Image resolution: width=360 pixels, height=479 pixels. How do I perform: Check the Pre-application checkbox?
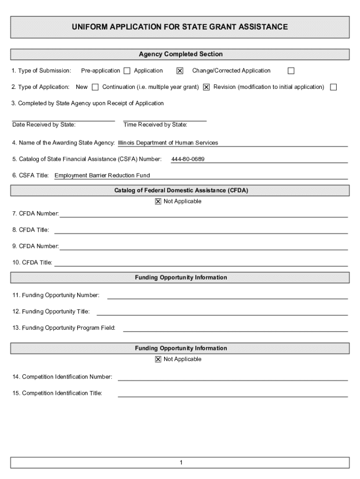[x=127, y=71]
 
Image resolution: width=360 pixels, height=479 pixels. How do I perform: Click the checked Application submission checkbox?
[x=180, y=71]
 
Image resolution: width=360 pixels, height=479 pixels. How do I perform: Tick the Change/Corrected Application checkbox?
[x=291, y=71]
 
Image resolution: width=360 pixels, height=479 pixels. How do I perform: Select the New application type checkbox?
[x=95, y=87]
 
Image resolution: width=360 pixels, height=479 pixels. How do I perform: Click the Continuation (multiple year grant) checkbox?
[x=206, y=87]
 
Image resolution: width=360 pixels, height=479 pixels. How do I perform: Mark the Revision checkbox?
[x=333, y=87]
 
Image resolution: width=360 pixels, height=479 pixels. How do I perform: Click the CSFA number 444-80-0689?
[x=188, y=160]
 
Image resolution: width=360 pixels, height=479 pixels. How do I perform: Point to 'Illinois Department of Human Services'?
[x=168, y=143]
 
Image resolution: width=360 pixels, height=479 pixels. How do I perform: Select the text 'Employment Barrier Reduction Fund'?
[x=102, y=176]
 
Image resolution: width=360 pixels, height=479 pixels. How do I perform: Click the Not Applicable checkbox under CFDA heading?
[x=158, y=202]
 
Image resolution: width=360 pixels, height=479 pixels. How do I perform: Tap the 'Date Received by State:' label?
[x=44, y=125]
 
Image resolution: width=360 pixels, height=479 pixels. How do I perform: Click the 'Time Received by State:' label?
[x=155, y=125]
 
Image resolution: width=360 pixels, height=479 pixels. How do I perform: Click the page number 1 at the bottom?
[x=180, y=463]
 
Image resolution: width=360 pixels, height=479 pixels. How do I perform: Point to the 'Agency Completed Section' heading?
[x=180, y=54]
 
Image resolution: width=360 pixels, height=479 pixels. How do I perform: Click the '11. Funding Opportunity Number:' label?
[x=56, y=295]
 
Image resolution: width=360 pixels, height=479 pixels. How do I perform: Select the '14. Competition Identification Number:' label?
[x=62, y=377]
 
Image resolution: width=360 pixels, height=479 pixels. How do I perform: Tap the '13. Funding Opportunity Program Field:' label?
[x=64, y=328]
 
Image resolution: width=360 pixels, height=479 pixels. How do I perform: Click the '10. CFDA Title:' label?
[x=32, y=262]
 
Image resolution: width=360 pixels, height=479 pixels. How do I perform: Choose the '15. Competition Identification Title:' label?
[x=57, y=393]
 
